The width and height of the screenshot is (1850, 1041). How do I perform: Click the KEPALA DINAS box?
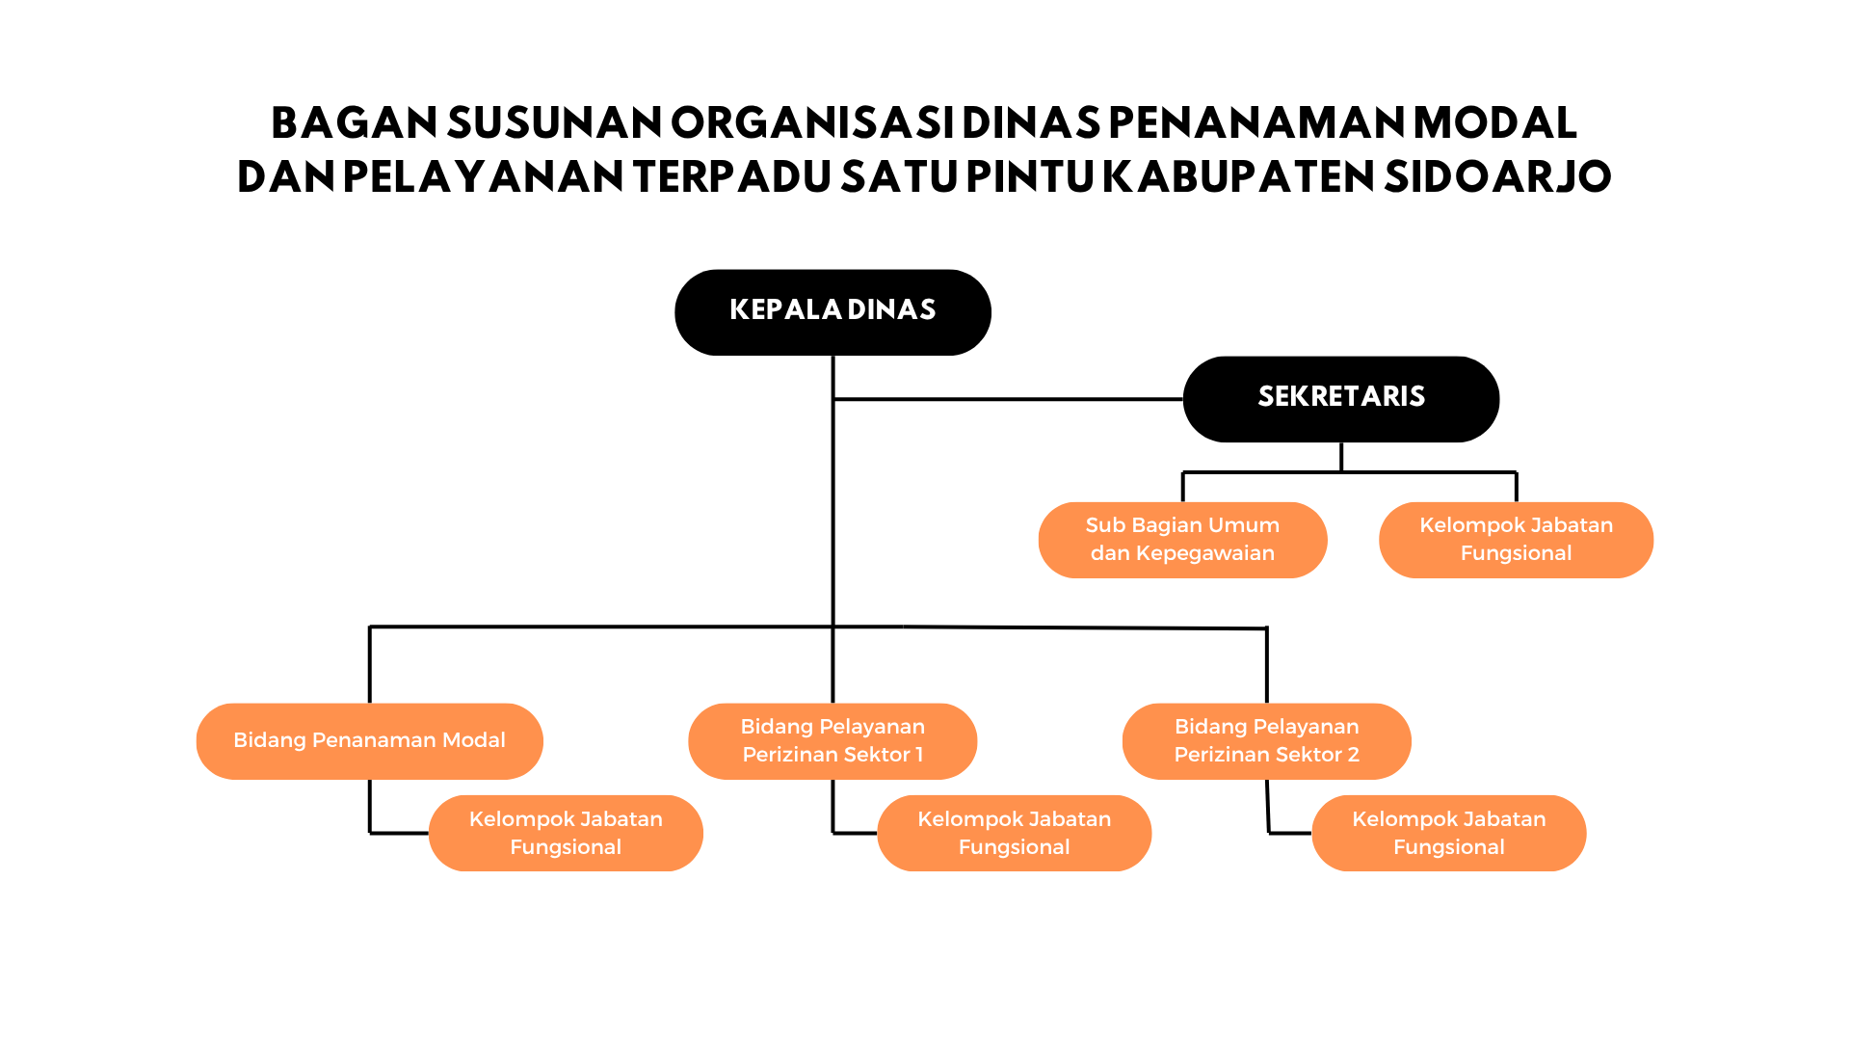[832, 311]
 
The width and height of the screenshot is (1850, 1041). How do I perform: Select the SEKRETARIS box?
[1340, 398]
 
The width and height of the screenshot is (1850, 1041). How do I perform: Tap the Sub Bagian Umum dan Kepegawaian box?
[1182, 540]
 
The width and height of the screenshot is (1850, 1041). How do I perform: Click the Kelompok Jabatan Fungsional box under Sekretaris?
[1516, 540]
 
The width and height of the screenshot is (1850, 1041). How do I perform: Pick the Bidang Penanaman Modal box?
[369, 740]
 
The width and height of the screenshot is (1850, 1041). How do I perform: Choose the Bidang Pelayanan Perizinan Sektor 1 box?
[832, 740]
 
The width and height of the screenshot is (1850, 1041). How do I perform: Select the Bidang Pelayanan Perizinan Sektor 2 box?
[1266, 740]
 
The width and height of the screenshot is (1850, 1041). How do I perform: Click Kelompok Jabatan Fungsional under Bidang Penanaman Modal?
[566, 833]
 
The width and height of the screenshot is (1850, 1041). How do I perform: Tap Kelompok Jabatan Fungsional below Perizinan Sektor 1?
[1014, 833]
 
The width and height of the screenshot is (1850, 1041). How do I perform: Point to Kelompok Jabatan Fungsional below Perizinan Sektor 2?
[1448, 833]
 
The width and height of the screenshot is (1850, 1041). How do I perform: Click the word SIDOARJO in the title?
[1497, 176]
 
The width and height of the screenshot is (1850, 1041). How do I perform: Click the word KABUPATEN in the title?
[1238, 176]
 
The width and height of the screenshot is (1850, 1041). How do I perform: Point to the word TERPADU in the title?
[732, 176]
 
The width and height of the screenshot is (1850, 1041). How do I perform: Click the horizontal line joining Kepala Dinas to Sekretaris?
[1007, 398]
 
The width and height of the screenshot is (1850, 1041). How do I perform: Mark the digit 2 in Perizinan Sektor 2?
[1353, 755]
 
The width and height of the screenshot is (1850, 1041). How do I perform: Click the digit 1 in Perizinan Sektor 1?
[919, 755]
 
